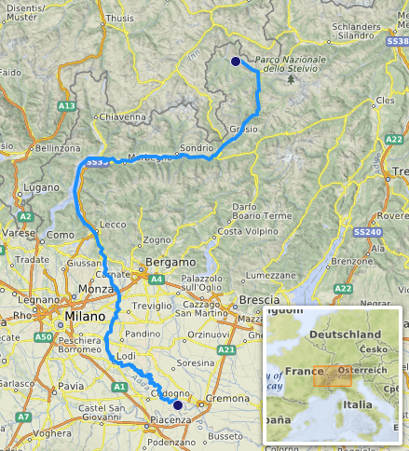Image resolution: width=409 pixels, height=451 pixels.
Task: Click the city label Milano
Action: click(87, 318)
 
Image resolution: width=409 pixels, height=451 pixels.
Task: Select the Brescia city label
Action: click(258, 300)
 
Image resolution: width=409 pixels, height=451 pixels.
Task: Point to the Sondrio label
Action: click(197, 147)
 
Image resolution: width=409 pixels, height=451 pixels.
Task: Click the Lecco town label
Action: click(112, 225)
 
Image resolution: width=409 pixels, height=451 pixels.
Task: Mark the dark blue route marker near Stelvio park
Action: click(235, 61)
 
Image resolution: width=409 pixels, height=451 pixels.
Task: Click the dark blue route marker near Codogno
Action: click(178, 405)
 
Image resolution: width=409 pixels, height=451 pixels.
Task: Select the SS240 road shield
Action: click(392, 231)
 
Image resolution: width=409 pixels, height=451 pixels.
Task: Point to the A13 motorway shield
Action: click(66, 106)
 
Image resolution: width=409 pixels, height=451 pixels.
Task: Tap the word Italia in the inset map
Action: click(359, 405)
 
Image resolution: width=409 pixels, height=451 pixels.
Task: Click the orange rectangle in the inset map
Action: click(331, 375)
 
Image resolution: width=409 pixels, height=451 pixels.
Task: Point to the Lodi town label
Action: click(127, 357)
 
